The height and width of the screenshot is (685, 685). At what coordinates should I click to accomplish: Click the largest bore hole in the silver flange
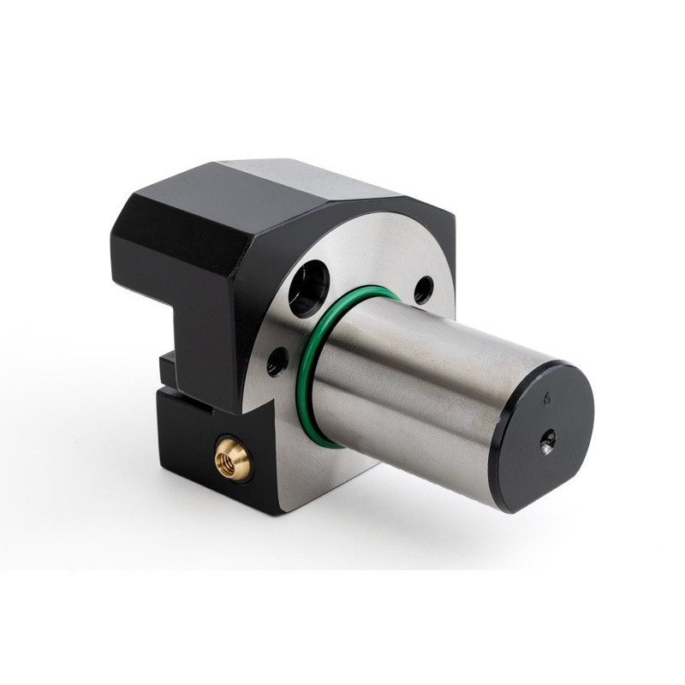point(307,289)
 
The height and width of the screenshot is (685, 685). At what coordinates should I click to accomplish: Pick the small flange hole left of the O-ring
point(275,362)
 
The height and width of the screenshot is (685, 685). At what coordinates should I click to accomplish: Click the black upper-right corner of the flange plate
point(441,227)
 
